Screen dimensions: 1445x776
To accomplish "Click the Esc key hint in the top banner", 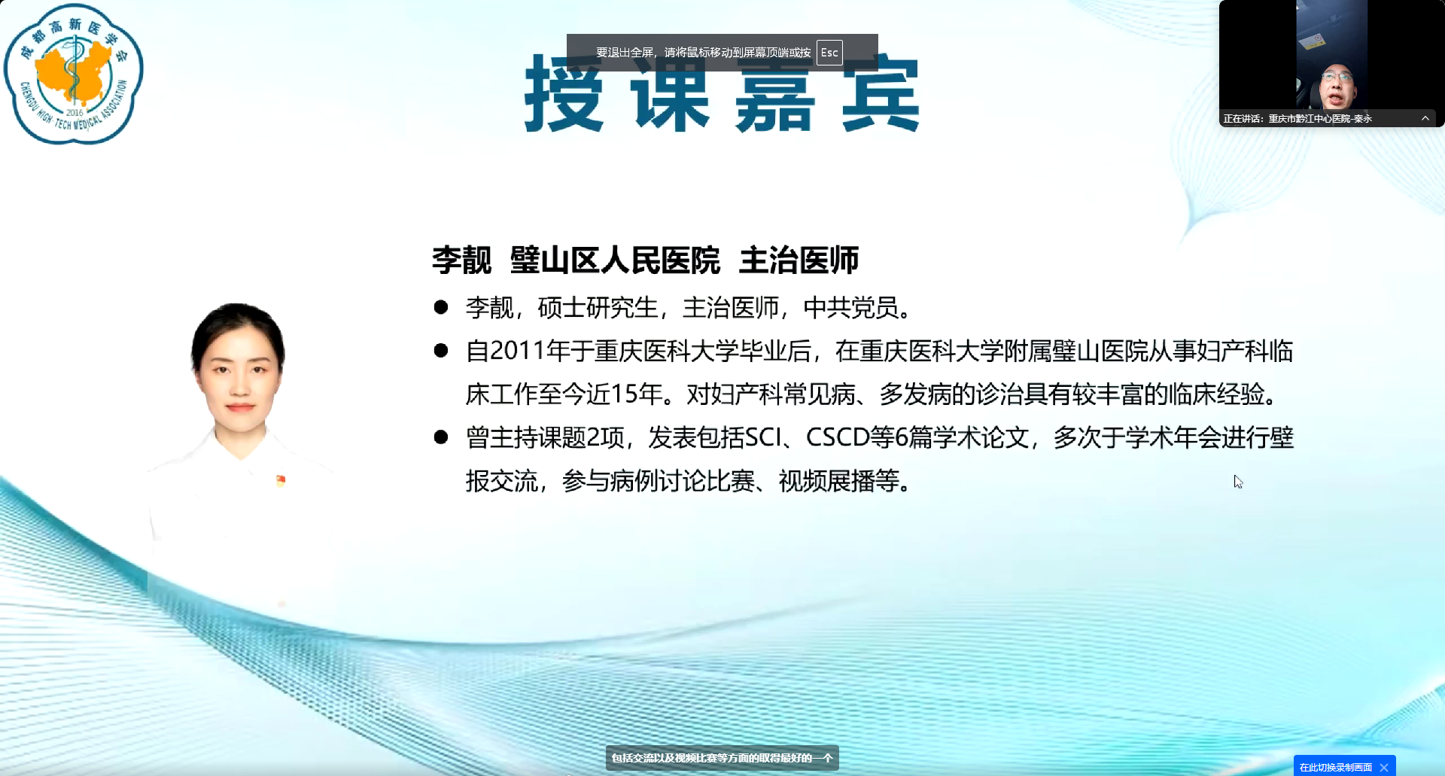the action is tap(829, 53).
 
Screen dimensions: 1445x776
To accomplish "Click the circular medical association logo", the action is tap(73, 74).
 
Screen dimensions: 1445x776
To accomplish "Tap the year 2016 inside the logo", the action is tap(75, 113).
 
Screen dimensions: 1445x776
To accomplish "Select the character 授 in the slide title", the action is tap(564, 93).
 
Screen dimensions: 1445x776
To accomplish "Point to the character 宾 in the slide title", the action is tap(881, 93).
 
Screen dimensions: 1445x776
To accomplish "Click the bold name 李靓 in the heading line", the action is tap(461, 260).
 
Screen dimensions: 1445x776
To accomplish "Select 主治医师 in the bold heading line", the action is tap(799, 260).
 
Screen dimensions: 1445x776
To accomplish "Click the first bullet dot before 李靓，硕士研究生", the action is tap(441, 307).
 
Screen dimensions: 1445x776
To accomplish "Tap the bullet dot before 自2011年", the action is tap(441, 350).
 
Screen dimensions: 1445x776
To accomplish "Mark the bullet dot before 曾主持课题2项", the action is tap(441, 437).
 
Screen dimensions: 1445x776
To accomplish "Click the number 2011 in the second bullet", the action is tap(517, 351).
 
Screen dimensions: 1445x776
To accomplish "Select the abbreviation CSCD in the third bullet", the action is tap(838, 437).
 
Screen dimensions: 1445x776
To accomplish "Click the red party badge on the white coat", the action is tap(281, 481).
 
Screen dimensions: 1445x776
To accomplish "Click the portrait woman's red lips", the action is tap(240, 407).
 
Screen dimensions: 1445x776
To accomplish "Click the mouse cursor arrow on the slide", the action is tap(1238, 482).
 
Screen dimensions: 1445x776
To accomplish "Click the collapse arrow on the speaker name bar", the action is tap(1425, 118).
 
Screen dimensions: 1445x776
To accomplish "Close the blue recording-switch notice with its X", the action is tap(1384, 768).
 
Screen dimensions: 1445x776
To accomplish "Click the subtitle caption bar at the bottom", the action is tap(722, 758).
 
